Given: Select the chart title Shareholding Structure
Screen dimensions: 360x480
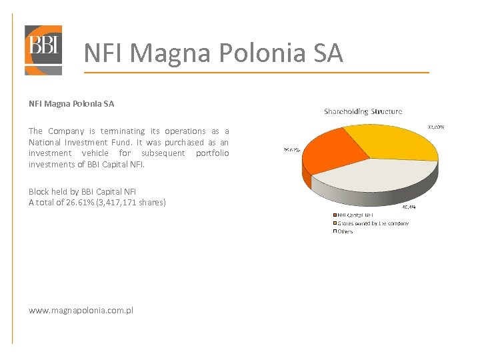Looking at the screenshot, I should pos(363,111).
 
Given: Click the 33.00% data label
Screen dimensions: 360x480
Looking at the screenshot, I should pos(435,127).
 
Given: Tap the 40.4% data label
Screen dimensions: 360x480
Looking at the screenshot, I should pos(407,207).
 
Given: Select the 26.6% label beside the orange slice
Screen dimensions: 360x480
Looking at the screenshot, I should pos(291,150).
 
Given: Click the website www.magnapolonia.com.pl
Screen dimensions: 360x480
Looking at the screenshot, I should pos(81,310).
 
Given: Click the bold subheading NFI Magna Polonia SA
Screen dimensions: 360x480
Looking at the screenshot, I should pos(71,103).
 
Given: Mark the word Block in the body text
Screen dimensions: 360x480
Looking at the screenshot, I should pos(38,191).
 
